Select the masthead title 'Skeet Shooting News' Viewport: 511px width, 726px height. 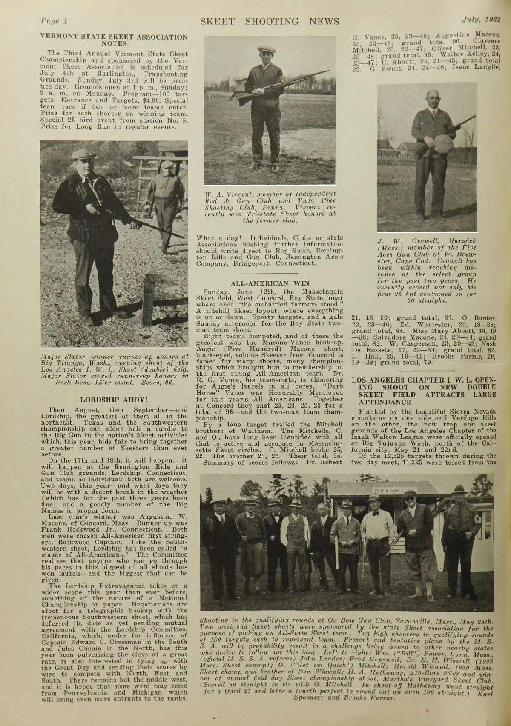click(270, 21)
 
